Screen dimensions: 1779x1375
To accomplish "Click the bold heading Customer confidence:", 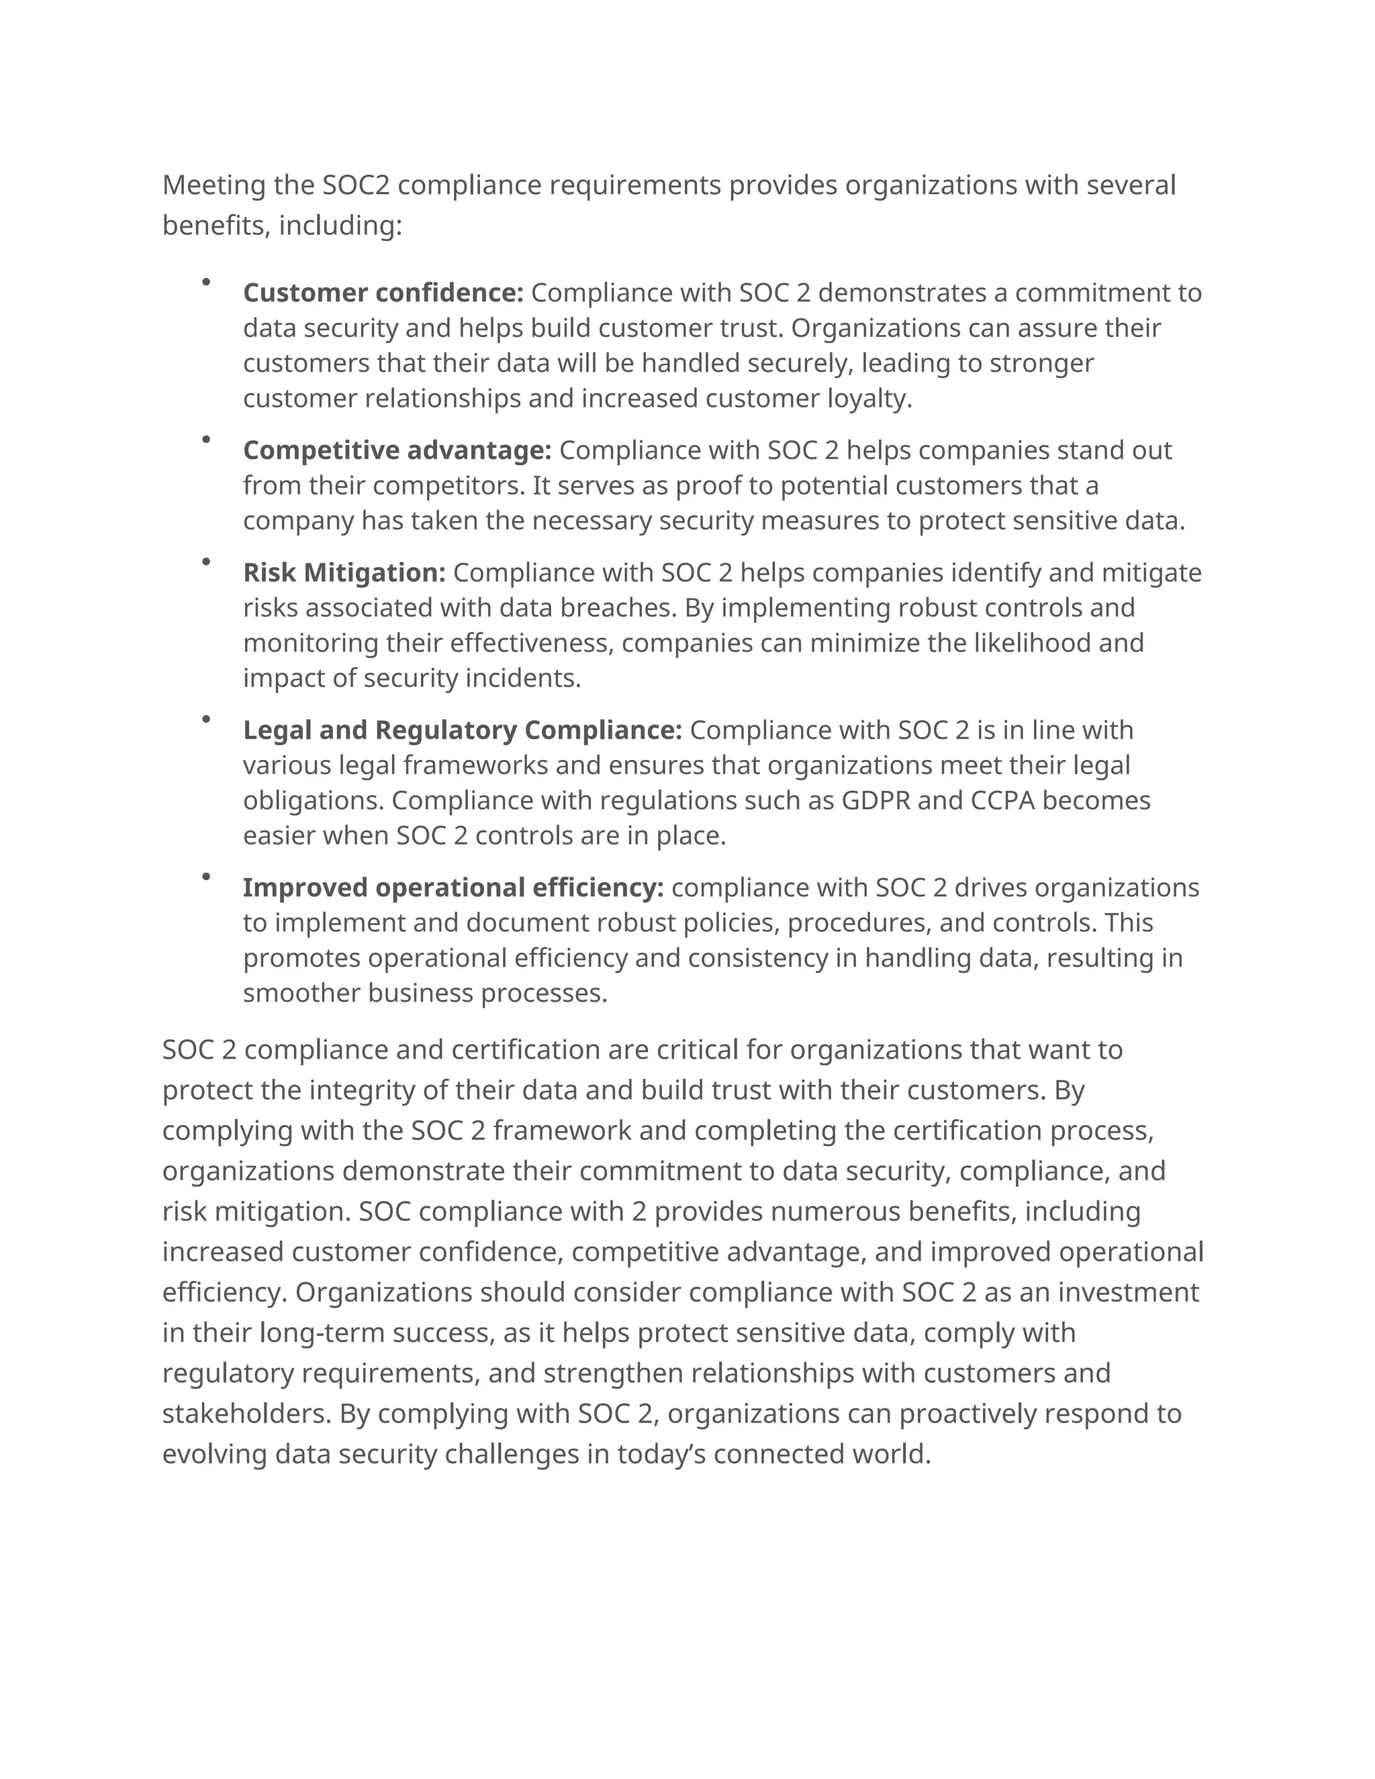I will pos(383,293).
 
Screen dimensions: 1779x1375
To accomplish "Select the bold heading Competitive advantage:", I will pos(397,450).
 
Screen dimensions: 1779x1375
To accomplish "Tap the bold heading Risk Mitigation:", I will pos(344,573).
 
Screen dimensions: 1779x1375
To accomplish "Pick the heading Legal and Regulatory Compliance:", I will pos(462,730).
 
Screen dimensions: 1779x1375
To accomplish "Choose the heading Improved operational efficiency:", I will pos(453,887).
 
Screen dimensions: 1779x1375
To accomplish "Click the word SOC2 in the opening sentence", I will pos(356,185).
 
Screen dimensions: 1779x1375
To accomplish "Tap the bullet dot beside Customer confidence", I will pos(206,282).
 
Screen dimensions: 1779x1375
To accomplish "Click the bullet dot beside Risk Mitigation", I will pos(206,561).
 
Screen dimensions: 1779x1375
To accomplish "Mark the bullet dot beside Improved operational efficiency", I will pos(206,877).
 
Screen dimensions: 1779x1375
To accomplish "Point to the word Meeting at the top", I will pos(214,185).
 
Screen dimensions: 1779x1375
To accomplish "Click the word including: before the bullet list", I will pos(340,225).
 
